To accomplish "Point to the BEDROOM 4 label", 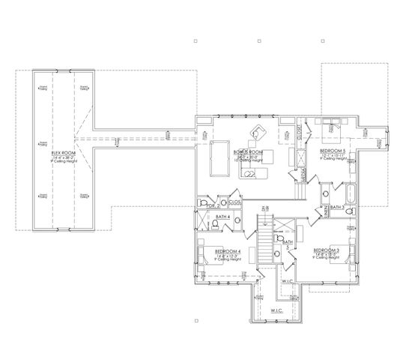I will click(226, 251).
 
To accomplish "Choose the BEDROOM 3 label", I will click(327, 250).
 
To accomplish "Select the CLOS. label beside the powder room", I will click(234, 202).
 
